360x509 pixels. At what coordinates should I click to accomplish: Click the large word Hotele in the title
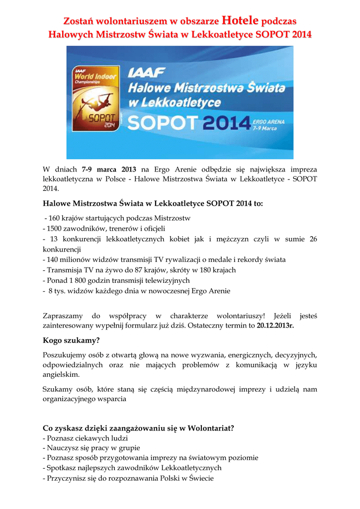click(241, 21)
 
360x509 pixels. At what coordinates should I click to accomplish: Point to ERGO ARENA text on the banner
click(268, 121)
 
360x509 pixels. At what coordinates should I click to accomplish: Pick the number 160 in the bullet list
click(55, 218)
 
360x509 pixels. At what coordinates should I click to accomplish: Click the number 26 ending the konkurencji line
click(313, 239)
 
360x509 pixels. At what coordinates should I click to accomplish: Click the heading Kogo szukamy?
click(71, 340)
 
